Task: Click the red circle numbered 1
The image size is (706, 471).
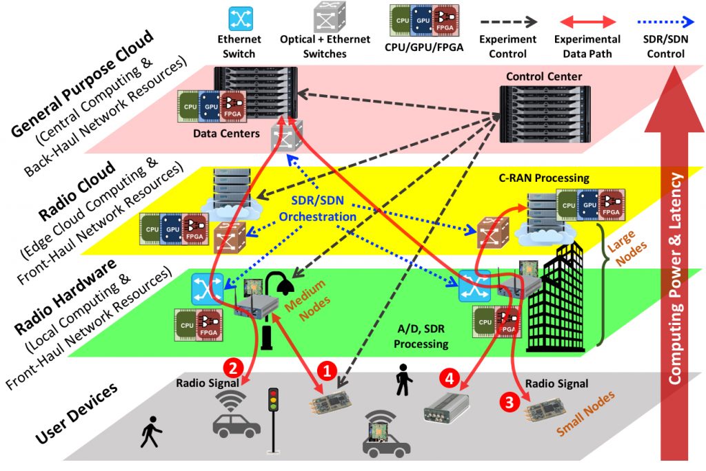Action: click(x=326, y=371)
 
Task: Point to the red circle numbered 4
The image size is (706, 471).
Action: click(x=449, y=377)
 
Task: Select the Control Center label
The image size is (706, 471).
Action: click(x=543, y=76)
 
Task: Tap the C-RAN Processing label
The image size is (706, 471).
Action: click(x=544, y=178)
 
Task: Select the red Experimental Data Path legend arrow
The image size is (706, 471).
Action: click(x=587, y=20)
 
